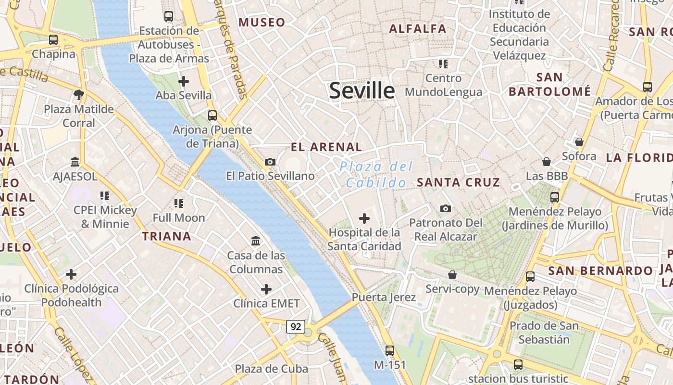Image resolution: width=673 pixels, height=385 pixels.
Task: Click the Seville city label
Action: click(x=361, y=90)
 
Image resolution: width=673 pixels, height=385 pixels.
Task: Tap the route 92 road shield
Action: click(x=296, y=327)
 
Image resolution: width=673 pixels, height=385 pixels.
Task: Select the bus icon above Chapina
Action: click(x=53, y=40)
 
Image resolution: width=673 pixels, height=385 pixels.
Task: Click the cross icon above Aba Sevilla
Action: click(x=183, y=81)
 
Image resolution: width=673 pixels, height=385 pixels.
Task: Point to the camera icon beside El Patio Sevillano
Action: click(x=270, y=162)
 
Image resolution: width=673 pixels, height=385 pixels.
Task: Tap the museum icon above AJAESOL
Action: click(x=75, y=162)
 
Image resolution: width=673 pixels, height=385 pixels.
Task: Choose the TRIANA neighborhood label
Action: click(x=166, y=236)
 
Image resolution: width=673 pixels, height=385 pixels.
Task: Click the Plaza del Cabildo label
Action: click(x=376, y=175)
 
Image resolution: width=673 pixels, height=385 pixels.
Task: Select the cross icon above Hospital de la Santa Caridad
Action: click(x=364, y=218)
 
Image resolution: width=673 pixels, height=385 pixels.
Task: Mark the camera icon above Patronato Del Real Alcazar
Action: click(x=446, y=208)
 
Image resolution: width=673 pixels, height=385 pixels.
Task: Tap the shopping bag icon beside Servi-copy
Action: click(x=452, y=275)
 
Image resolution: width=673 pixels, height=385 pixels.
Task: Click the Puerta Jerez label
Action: click(x=384, y=297)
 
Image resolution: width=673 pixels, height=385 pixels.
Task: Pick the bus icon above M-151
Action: click(x=390, y=351)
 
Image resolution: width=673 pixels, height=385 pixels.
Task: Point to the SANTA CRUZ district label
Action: click(x=458, y=182)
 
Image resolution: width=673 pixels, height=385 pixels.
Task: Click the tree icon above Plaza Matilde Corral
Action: click(x=79, y=94)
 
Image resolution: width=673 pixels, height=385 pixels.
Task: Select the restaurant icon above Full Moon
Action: click(x=179, y=204)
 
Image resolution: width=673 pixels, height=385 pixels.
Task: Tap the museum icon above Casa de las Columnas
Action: click(x=256, y=241)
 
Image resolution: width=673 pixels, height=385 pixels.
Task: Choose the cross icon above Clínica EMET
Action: click(x=266, y=289)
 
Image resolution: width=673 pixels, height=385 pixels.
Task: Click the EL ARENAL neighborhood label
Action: click(x=326, y=147)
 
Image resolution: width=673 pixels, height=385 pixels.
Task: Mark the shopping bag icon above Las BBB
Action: click(x=547, y=162)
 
